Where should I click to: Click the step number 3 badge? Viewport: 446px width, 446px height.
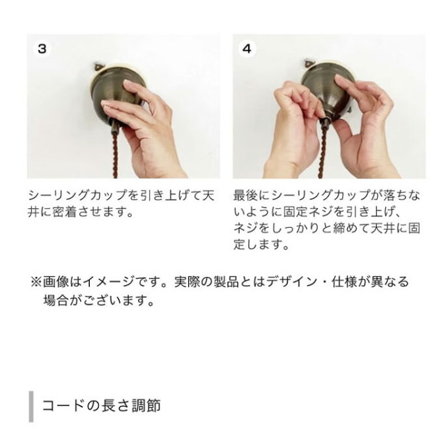(x=42, y=49)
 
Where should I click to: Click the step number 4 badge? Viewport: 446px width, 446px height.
(x=247, y=49)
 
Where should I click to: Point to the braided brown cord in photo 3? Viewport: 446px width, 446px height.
(x=116, y=155)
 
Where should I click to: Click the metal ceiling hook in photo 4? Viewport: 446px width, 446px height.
(x=308, y=63)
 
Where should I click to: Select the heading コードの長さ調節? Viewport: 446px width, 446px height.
(x=102, y=406)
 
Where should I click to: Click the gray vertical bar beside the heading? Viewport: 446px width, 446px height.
(x=31, y=406)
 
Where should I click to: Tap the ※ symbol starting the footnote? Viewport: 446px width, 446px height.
(x=36, y=282)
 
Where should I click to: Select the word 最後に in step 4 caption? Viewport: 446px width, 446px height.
(x=252, y=195)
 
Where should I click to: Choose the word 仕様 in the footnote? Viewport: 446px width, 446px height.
(x=344, y=282)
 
